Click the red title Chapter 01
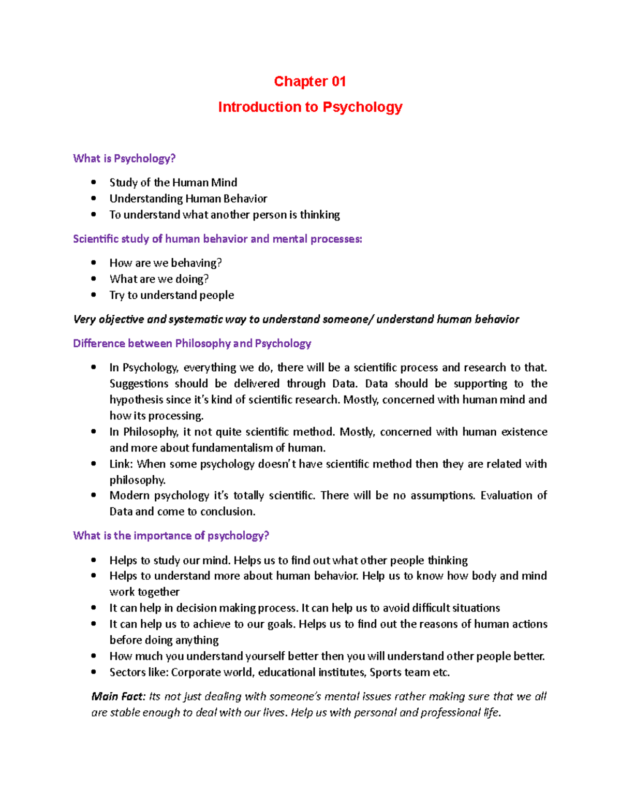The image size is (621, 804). pos(309,81)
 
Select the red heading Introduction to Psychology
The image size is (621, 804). pos(310,107)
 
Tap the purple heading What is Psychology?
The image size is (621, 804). pos(124,158)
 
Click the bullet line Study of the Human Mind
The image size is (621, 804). pos(173,182)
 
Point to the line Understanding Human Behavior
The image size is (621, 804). pos(188,198)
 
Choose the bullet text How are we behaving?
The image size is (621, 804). pos(165,263)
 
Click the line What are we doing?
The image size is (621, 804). pos(159,279)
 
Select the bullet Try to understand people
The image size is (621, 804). pos(171,295)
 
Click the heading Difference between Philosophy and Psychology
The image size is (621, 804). pos(192,343)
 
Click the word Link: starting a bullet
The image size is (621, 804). pos(121,464)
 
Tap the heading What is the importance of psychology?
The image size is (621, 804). pos(171,535)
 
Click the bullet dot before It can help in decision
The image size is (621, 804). pos(94,608)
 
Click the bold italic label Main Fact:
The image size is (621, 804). pos(119,697)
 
